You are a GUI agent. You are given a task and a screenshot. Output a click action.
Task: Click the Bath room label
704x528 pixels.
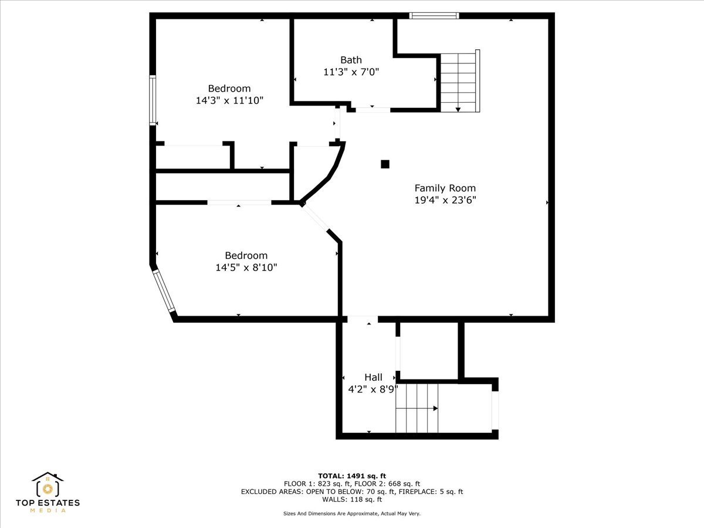point(351,60)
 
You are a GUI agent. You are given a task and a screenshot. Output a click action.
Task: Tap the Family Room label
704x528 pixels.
point(445,188)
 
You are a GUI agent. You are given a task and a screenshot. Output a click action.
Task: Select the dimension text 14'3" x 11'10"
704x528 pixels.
point(229,101)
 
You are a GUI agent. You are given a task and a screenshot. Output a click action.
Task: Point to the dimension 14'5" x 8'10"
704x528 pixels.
point(246,268)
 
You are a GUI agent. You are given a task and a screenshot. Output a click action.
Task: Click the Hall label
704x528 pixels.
point(373,377)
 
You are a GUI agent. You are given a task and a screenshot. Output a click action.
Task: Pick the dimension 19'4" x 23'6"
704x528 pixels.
point(445,201)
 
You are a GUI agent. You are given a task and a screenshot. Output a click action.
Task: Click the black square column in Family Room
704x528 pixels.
point(385,164)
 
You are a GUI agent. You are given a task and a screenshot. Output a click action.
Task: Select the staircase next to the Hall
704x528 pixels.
point(417,408)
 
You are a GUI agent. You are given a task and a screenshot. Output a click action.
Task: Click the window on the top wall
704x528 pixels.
point(434,16)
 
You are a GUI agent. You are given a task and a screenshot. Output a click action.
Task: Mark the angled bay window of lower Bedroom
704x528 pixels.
point(164,291)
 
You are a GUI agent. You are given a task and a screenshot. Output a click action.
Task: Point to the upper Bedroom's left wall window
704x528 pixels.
point(153,100)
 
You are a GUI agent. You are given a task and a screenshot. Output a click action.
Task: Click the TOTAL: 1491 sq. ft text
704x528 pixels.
point(352,476)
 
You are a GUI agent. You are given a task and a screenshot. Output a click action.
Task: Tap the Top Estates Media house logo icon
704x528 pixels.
point(48,485)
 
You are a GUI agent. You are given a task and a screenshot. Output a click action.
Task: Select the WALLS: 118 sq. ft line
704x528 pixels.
point(352,499)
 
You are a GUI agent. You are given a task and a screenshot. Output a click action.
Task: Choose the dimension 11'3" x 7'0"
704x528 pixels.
point(351,72)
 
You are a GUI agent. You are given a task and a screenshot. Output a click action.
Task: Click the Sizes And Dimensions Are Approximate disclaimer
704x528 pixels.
point(352,513)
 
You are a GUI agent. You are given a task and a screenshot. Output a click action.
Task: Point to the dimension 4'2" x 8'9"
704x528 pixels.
point(373,389)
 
